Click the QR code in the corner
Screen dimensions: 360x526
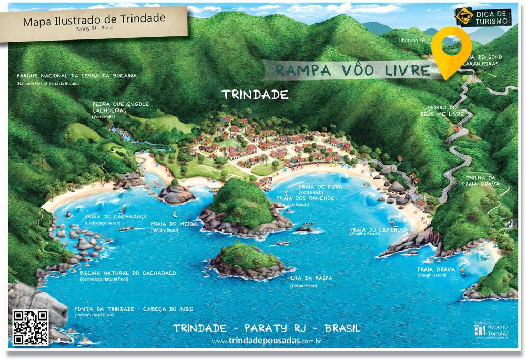pos(31,328)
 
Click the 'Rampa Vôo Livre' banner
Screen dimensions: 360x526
pos(345,70)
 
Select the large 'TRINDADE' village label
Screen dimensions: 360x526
pos(255,95)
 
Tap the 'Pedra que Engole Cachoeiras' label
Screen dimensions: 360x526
pos(120,107)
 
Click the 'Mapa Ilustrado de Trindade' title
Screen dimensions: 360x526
pos(94,20)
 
